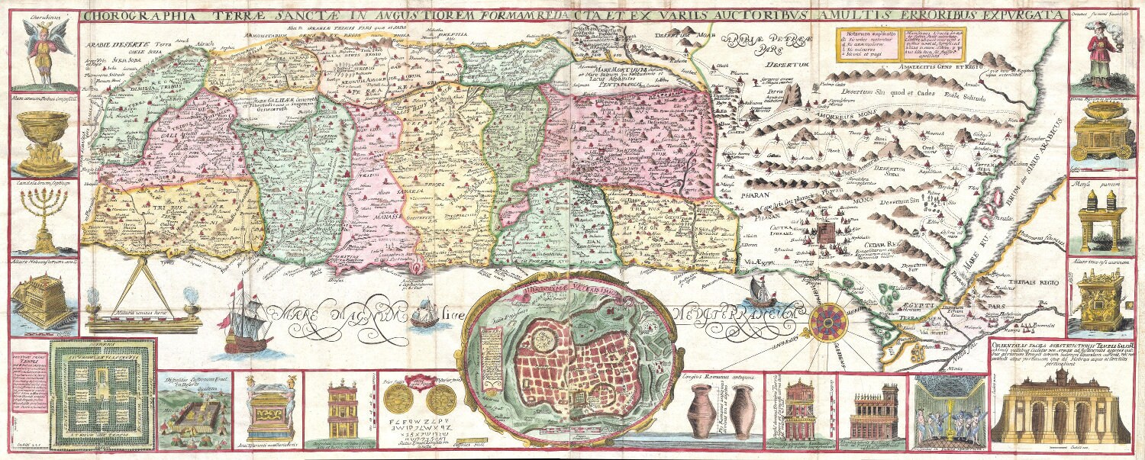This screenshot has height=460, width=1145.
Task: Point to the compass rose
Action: pyautogui.click(x=829, y=321)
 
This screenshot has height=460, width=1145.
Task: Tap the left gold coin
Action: pyautogui.click(x=395, y=398)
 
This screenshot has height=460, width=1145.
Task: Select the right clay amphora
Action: pyautogui.click(x=741, y=412)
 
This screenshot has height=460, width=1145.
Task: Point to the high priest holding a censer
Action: pyautogui.click(x=1098, y=53)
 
